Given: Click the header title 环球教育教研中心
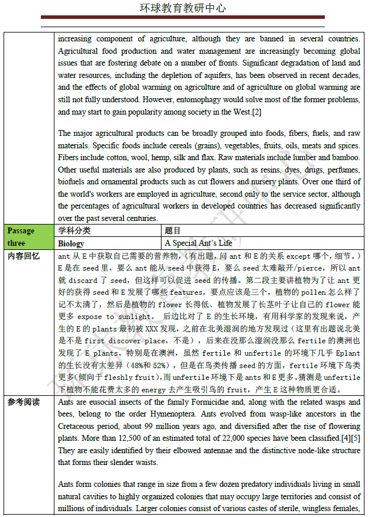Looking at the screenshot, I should pos(183,8).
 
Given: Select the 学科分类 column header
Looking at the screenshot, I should pos(75,231).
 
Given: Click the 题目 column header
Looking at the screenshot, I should pos(173,231).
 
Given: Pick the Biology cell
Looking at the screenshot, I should pos(71,243).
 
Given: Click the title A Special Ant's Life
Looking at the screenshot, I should pos(198,243).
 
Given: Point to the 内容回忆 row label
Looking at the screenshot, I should pos(24,256).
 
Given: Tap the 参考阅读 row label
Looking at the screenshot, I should pos(24,402).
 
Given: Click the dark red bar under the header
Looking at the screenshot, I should pos(183,18).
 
